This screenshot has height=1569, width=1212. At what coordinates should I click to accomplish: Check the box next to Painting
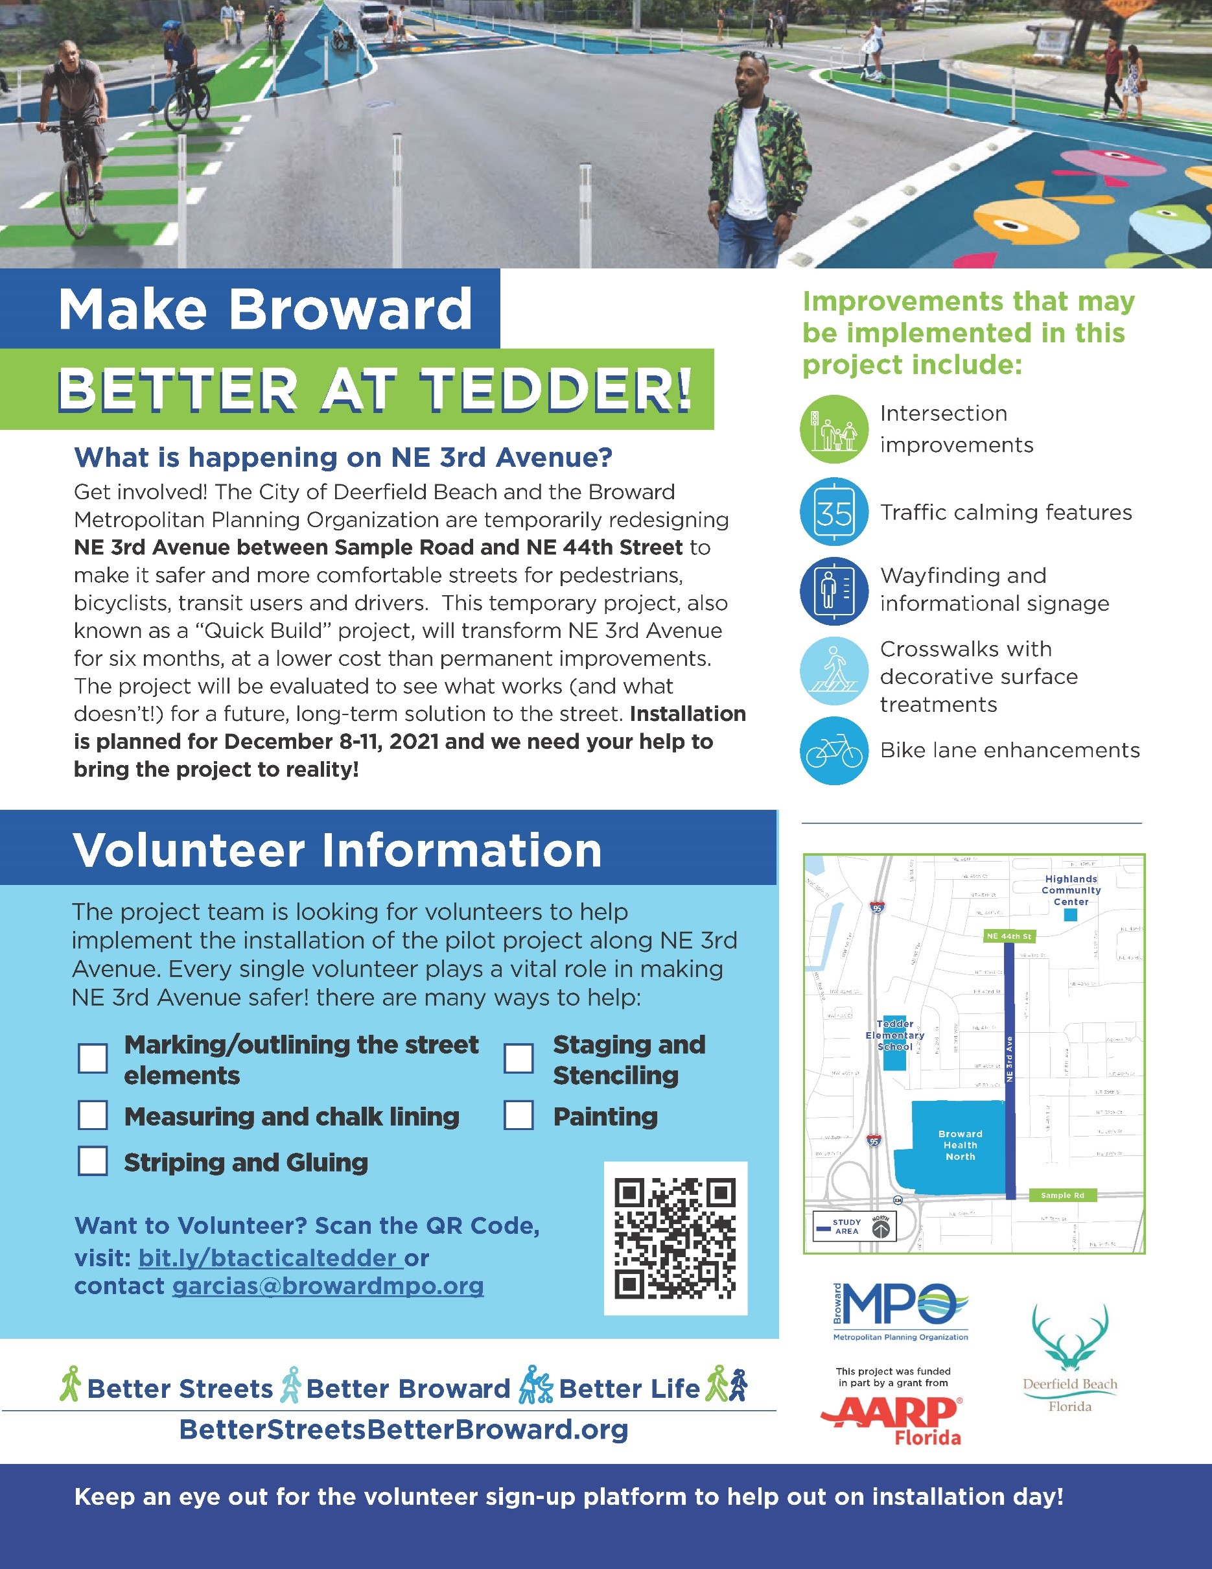pyautogui.click(x=519, y=1116)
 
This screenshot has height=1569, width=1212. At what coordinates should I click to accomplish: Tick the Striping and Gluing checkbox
pyautogui.click(x=93, y=1161)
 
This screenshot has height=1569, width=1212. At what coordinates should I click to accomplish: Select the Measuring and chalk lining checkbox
pyautogui.click(x=93, y=1116)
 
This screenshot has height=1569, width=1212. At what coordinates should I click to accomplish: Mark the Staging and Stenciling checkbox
pyautogui.click(x=519, y=1058)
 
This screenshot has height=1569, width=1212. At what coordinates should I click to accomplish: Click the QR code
pyautogui.click(x=675, y=1238)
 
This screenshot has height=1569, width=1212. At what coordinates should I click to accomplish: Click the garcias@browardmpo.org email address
pyautogui.click(x=327, y=1286)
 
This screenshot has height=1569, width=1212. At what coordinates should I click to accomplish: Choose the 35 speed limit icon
pyautogui.click(x=834, y=512)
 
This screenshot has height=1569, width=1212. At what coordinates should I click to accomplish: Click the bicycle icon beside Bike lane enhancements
pyautogui.click(x=834, y=751)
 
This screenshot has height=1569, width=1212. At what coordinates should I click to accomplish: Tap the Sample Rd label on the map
pyautogui.click(x=1062, y=1196)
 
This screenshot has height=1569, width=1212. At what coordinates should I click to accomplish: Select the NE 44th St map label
pyautogui.click(x=1008, y=936)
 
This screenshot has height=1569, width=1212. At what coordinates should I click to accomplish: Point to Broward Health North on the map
pyautogui.click(x=960, y=1145)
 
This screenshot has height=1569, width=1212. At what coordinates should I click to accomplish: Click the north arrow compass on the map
pyautogui.click(x=881, y=1229)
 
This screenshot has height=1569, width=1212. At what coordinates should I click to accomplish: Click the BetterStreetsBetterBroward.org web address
pyautogui.click(x=404, y=1430)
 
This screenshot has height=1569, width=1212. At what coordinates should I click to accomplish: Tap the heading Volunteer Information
pyautogui.click(x=338, y=850)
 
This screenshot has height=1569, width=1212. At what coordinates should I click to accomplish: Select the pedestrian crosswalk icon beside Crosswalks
pyautogui.click(x=834, y=671)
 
